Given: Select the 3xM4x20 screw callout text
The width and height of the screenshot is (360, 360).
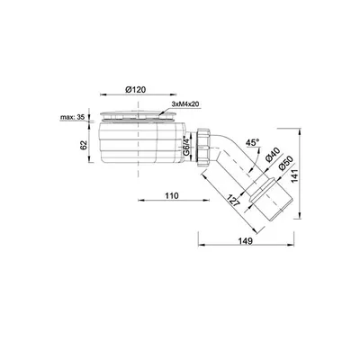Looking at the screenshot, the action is click(x=185, y=103).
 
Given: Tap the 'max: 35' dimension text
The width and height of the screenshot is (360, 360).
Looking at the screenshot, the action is click(x=72, y=117).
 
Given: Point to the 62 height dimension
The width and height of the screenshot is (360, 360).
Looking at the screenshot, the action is click(x=84, y=145).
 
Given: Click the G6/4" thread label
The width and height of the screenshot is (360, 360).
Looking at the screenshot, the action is click(x=186, y=147).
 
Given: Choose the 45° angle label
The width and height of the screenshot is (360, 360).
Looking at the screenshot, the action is click(x=252, y=143).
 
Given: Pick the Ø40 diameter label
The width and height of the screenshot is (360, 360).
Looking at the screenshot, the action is click(x=273, y=156).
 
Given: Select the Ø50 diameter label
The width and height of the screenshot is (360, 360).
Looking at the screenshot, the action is click(x=285, y=164).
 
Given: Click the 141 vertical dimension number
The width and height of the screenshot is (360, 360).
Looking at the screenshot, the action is click(x=295, y=176).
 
